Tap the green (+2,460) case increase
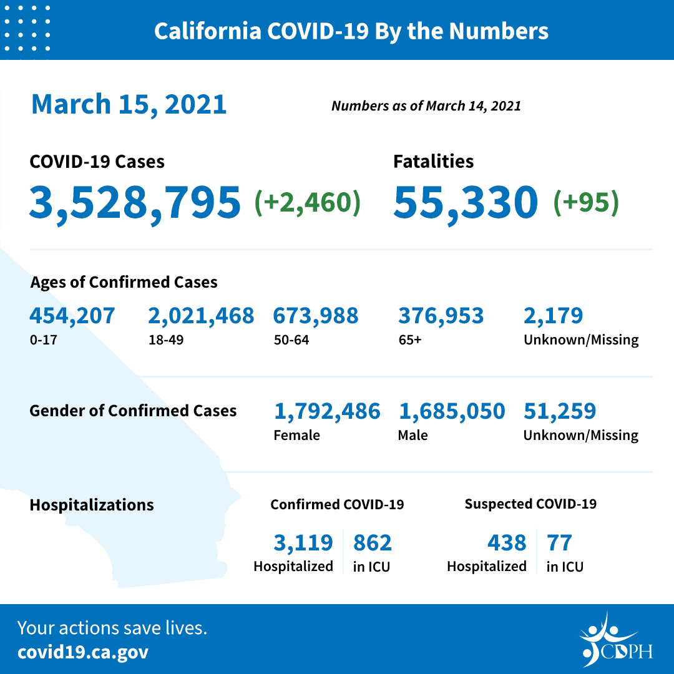(x=308, y=203)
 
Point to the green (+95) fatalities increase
(x=586, y=203)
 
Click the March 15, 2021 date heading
(x=129, y=104)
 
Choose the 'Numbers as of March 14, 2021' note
(x=426, y=105)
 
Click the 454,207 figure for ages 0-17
(x=72, y=316)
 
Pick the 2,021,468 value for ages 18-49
(x=201, y=316)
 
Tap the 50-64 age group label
(x=291, y=340)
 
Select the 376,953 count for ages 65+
(x=441, y=316)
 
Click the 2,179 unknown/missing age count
(x=554, y=316)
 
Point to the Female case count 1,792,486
(x=327, y=411)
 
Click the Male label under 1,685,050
(x=413, y=436)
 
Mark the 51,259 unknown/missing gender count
(x=560, y=411)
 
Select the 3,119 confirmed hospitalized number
(x=303, y=543)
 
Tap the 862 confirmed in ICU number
(x=373, y=543)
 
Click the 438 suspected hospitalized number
(x=507, y=543)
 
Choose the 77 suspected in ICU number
(x=559, y=543)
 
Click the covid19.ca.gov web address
(x=83, y=652)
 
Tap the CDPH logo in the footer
(x=615, y=640)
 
